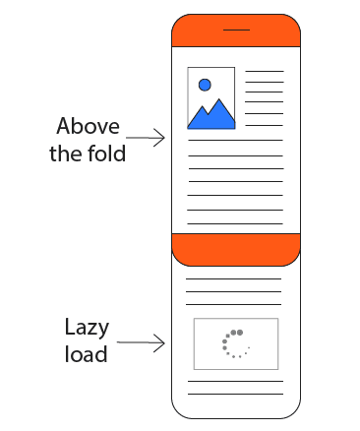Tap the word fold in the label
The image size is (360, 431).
(x=106, y=154)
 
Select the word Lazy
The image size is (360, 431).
(x=87, y=328)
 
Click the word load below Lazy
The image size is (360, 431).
(x=87, y=354)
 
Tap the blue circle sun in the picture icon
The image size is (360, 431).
(x=205, y=85)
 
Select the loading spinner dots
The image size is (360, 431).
(x=235, y=343)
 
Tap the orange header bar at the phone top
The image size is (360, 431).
(x=197, y=34)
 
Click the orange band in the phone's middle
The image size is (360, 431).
(x=235, y=249)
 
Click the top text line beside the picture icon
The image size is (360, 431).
(x=264, y=72)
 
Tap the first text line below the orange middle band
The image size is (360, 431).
(x=235, y=278)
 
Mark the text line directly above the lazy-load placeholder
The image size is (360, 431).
(x=235, y=306)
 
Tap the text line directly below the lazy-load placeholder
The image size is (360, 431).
(x=235, y=381)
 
